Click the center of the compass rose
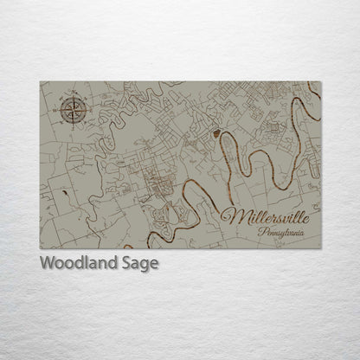[70, 110]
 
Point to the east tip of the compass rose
[83, 110]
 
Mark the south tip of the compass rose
[70, 124]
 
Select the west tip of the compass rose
[57, 110]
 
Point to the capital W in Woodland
[47, 263]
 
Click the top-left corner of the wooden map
[40, 82]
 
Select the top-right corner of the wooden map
[321, 82]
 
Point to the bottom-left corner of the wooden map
[40, 248]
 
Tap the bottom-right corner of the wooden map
[321, 248]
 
